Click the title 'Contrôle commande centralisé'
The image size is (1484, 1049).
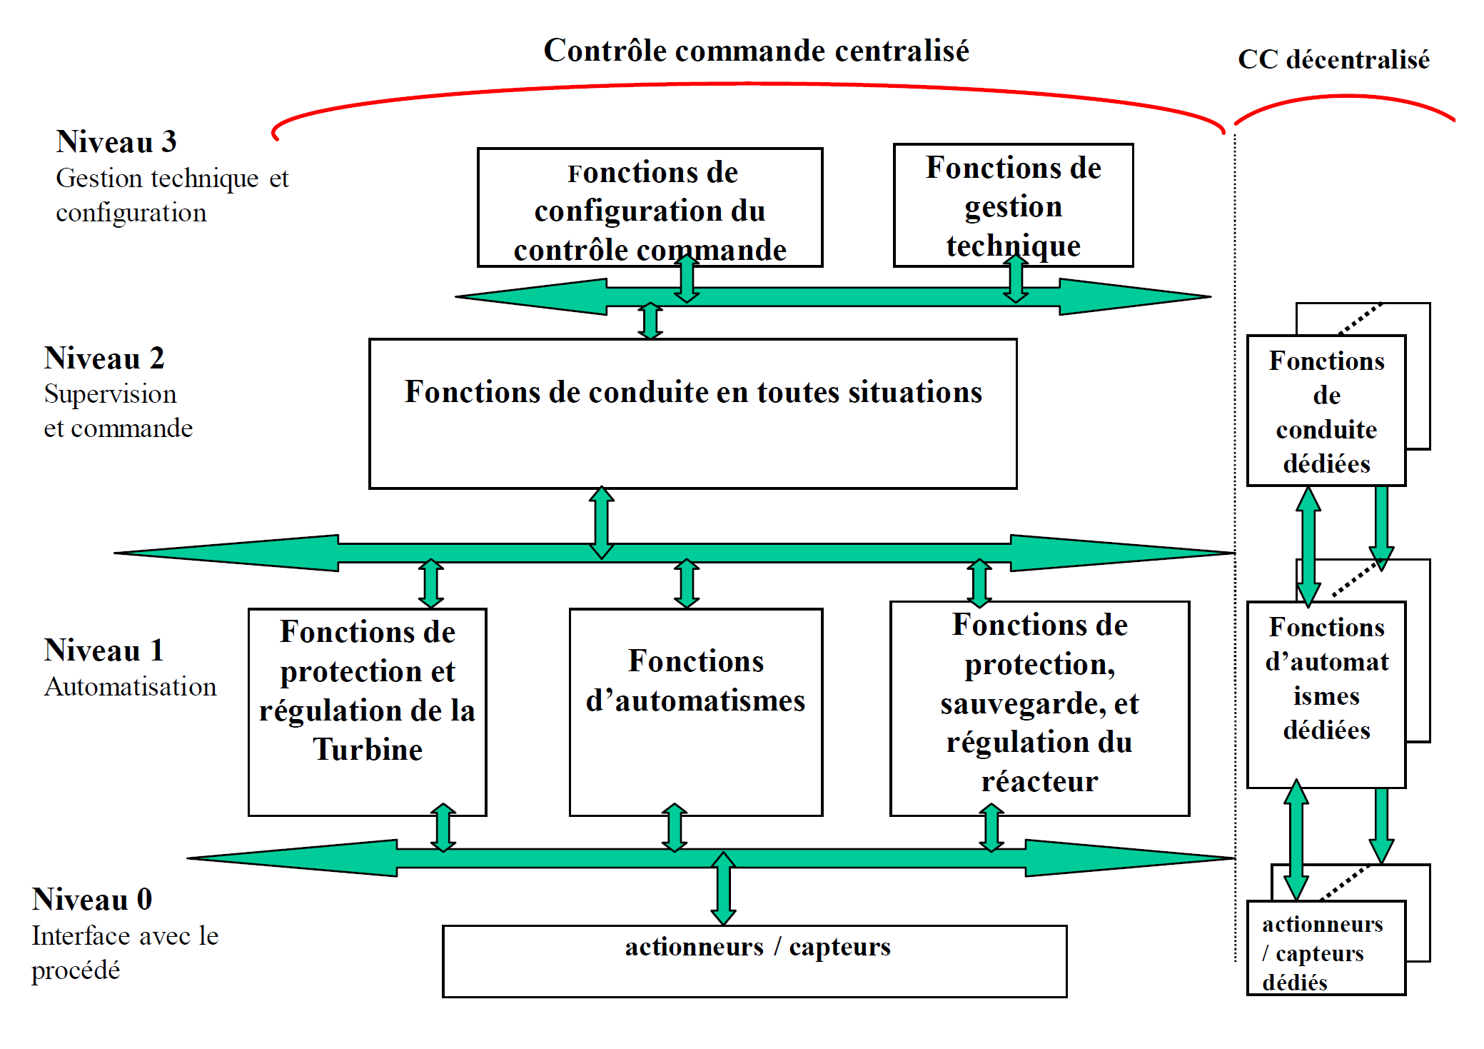point(756,51)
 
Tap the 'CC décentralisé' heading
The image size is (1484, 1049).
point(1333,60)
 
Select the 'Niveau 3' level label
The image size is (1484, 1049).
point(116,142)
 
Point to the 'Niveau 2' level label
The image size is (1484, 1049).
point(104,358)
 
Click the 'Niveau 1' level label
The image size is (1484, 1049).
point(104,651)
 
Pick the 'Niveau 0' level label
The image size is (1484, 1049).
point(92,900)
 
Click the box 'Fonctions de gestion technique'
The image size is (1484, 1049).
point(1013,206)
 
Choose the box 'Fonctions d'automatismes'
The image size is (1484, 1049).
point(695,711)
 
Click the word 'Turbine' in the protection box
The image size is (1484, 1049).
point(368,750)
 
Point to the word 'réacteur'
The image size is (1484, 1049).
point(1039,782)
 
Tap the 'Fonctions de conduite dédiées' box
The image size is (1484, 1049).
point(1326,411)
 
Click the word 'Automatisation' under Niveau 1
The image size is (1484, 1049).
point(131,687)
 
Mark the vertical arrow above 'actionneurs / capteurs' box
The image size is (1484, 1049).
point(723,888)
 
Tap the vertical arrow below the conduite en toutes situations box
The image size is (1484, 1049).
point(602,522)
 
